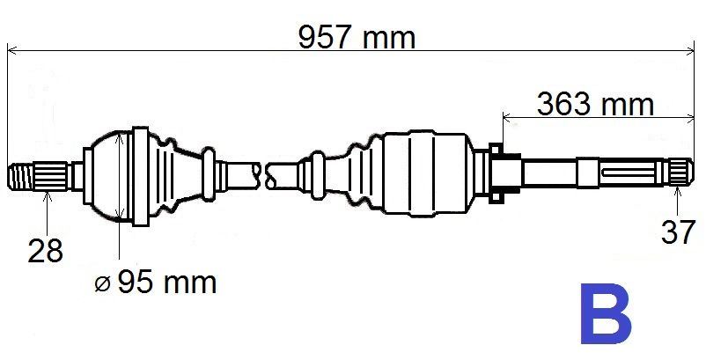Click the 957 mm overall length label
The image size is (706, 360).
(356, 37)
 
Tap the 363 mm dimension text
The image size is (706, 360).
(595, 104)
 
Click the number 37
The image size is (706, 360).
(678, 232)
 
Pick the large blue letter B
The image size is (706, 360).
(605, 314)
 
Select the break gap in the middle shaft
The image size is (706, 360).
(264, 173)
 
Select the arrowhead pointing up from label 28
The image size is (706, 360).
(48, 195)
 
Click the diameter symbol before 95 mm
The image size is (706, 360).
(103, 284)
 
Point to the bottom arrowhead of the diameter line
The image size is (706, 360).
(118, 214)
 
